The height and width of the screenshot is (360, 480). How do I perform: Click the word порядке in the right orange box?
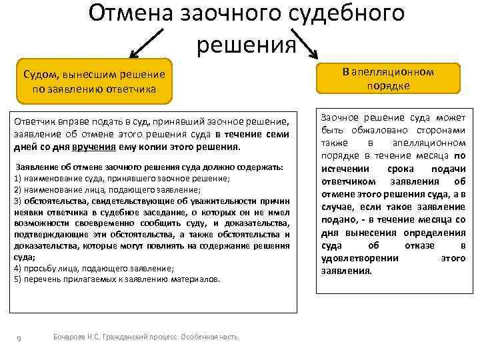click(387, 85)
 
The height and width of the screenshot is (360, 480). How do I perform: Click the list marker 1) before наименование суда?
click(17, 178)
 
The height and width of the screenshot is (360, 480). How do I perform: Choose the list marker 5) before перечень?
click(17, 279)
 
